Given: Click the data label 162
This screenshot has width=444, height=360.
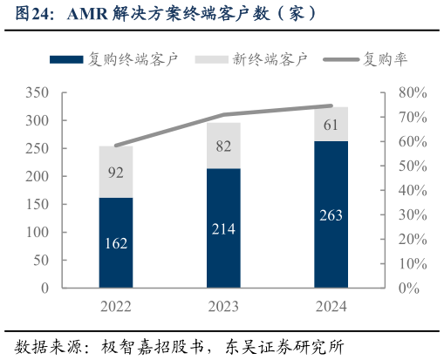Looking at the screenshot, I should point(115,243).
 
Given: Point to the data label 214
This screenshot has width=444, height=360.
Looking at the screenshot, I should point(223,229).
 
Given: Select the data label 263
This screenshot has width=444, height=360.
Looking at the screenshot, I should point(331,215).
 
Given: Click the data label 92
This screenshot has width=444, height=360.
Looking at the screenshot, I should point(115,173).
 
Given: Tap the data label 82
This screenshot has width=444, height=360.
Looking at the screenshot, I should point(223,146).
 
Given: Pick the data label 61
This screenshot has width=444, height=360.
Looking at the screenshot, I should point(331,125).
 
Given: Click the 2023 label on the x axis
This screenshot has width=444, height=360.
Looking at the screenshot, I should point(223,306).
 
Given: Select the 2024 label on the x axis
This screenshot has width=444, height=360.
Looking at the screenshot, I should point(331,306).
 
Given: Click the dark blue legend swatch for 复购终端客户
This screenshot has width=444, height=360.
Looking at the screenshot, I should point(66,60).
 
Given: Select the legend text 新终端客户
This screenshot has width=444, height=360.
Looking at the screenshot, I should point(270,60).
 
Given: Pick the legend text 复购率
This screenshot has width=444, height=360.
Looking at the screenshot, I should point(385,60).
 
